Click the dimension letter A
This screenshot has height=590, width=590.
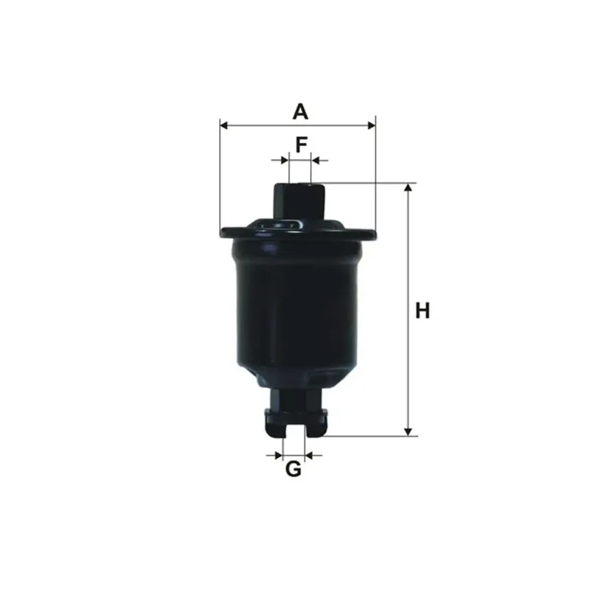coord(300,112)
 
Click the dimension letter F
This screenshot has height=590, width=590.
coord(302,145)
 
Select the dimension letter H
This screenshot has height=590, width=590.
coord(422,310)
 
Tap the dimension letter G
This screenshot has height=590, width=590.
coord(293,469)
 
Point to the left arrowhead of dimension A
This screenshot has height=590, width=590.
coord(224,125)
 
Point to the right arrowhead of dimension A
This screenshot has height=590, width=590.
coord(372,125)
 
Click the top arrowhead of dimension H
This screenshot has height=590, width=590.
coord(408,187)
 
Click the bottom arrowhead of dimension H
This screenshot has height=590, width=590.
coord(408,432)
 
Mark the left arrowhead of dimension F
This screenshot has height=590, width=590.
coord(285,161)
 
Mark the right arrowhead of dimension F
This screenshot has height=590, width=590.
coord(316,161)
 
